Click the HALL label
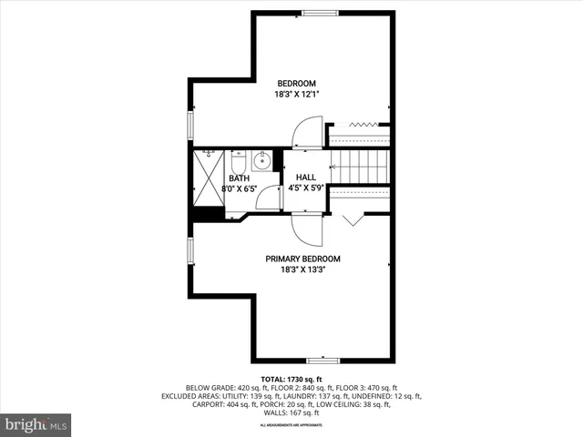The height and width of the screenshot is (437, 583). tap(306, 178)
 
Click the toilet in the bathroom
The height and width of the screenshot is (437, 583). tap(239, 162)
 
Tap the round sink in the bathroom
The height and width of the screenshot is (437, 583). tap(261, 162)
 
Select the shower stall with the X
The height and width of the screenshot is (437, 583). tap(208, 178)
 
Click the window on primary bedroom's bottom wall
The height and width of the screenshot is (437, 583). tap(322, 361)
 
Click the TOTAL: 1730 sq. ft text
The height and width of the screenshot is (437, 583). tap(291, 379)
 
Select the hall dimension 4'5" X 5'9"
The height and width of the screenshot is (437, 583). tap(306, 189)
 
